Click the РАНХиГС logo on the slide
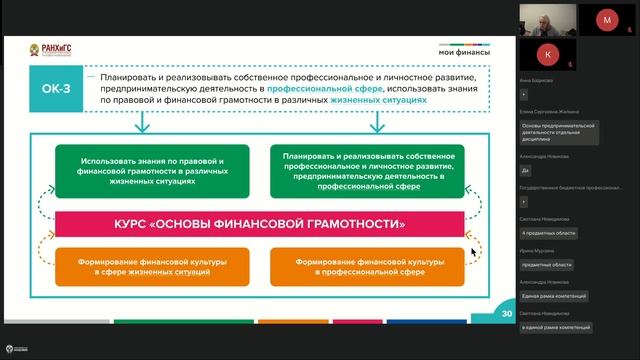click(45, 51)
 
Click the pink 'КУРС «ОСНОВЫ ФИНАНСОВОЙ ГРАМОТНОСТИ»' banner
click(261, 224)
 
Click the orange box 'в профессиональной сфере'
click(369, 265)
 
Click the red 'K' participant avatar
click(547, 53)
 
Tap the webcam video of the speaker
click(547, 19)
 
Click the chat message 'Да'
click(526, 170)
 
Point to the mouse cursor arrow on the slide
click(475, 252)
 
